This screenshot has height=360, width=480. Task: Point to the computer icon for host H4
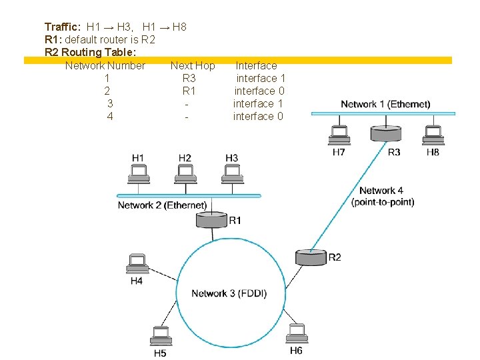(x=137, y=264)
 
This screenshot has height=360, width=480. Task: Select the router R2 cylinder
(x=310, y=257)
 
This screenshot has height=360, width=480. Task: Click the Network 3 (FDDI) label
(x=229, y=293)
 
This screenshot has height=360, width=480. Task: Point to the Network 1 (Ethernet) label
(x=385, y=104)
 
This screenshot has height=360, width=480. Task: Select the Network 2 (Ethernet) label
(x=161, y=205)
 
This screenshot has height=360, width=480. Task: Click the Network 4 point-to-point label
(x=382, y=196)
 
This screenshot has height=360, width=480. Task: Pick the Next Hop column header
(x=193, y=65)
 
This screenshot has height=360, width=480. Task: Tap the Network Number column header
(x=105, y=65)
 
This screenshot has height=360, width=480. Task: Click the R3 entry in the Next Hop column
(x=189, y=78)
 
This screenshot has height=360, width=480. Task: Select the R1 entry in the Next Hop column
(x=189, y=91)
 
